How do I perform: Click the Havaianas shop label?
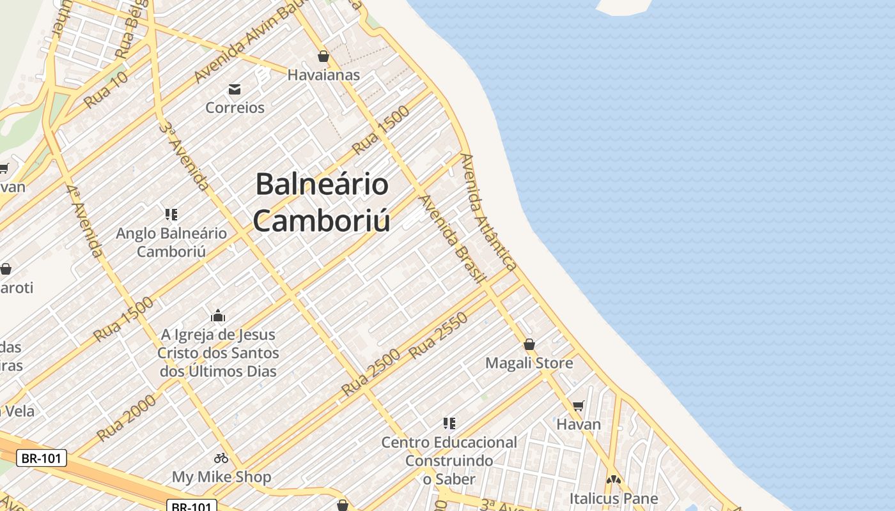point(323,75)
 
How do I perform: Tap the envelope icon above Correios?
point(235,89)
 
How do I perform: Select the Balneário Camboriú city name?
point(322,202)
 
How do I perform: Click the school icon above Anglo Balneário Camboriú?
point(171,214)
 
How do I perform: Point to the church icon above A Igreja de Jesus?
point(218,316)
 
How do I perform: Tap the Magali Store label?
point(529,363)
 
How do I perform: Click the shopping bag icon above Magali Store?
point(529,344)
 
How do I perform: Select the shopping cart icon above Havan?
point(579,406)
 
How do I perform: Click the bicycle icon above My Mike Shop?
point(221,458)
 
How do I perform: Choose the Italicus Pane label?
point(614,498)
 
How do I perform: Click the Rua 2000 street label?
point(127,418)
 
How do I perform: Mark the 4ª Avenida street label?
point(84,220)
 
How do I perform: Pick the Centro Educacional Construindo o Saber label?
point(449,461)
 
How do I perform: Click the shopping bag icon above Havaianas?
point(323,56)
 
